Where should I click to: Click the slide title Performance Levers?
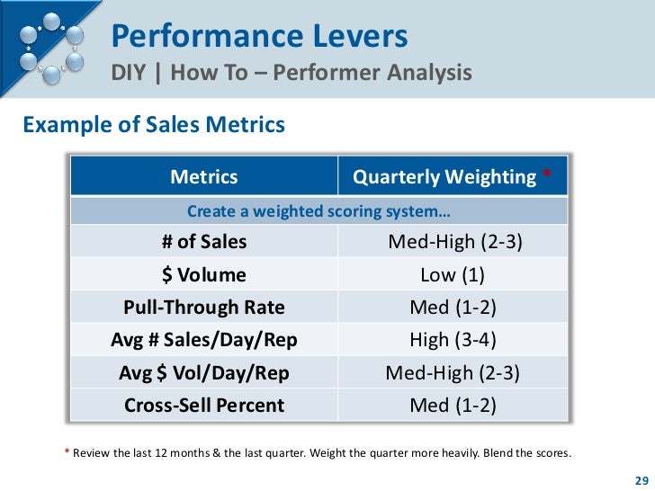coord(259,37)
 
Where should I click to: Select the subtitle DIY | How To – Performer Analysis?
coord(292,73)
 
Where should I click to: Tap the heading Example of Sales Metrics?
coord(153,124)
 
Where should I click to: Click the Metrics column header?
coord(204,177)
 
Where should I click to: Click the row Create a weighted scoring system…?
coord(319,211)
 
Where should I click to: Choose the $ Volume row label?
coord(204,275)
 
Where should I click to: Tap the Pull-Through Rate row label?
coord(204,308)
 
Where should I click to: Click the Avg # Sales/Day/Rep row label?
coord(204,340)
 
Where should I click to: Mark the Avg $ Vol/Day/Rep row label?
coord(204,372)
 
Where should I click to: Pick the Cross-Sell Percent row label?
coord(204,405)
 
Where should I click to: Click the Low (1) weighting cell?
coord(453,275)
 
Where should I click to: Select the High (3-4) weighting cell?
coord(453,340)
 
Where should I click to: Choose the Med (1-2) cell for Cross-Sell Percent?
coord(453,405)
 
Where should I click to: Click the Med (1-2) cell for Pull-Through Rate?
coord(453,308)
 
